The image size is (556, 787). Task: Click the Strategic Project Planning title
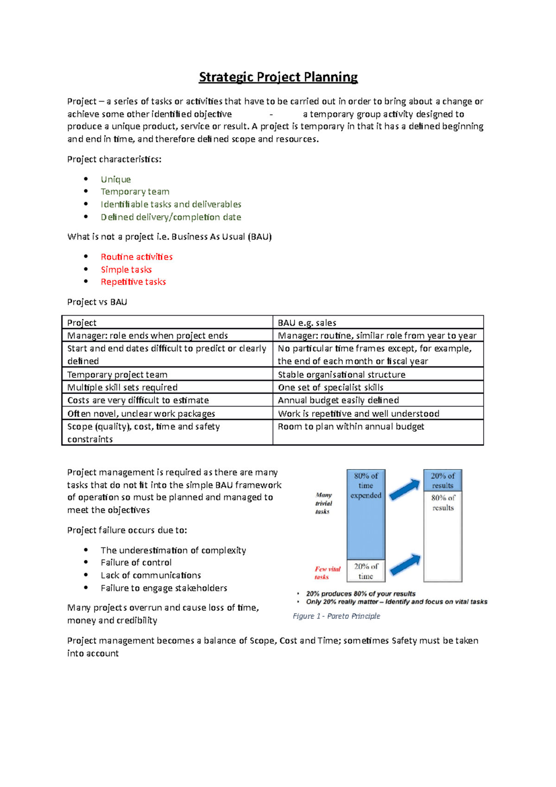tap(278, 77)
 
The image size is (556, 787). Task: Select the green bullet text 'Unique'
tap(116, 179)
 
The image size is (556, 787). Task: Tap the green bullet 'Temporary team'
tap(135, 192)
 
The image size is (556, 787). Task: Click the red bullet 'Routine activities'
tap(137, 257)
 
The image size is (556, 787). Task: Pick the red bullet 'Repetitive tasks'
tap(133, 282)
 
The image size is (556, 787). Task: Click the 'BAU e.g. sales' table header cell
tap(307, 323)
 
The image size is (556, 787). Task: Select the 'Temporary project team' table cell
tap(117, 374)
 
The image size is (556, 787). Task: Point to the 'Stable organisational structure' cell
tap(341, 374)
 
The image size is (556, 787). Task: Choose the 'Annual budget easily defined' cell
tap(338, 400)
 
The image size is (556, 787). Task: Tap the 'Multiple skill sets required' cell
tap(122, 387)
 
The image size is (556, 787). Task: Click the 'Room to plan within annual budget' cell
tap(351, 426)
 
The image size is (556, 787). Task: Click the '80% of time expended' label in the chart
tap(366, 486)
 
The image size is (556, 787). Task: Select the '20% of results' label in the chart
tap(442, 481)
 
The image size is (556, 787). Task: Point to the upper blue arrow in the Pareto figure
tap(404, 489)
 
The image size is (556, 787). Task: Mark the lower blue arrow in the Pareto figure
tap(405, 565)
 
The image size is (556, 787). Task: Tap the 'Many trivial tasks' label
tap(323, 503)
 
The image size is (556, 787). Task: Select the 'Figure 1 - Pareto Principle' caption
tap(336, 616)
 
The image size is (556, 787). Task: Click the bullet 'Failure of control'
tap(136, 563)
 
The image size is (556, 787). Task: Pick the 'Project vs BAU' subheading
tap(97, 302)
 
